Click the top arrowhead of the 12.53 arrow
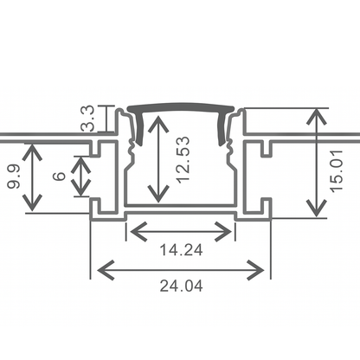157,121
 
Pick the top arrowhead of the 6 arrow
80,160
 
